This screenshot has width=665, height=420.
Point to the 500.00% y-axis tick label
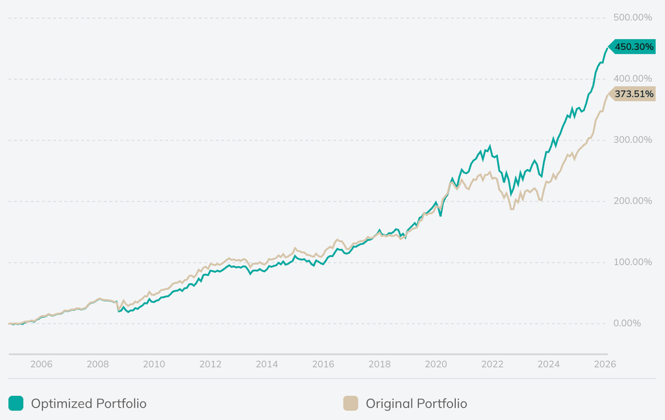pos(633,18)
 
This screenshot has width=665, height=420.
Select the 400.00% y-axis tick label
pos(633,79)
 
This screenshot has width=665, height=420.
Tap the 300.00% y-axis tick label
pos(633,140)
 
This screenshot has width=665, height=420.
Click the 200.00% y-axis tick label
pos(633,201)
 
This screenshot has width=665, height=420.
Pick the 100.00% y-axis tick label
pos(633,262)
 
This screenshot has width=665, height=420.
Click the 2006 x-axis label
pos(41,364)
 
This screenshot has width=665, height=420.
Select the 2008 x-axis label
pos(97,364)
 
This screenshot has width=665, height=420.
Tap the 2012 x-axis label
pos(210,364)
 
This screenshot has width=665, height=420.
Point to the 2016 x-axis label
pos(323,364)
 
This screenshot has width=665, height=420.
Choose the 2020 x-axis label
pos(436,364)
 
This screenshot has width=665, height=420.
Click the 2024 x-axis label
pos(549,364)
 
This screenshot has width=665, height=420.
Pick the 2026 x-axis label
pos(605,364)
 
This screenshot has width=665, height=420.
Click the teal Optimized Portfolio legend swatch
pos(16,403)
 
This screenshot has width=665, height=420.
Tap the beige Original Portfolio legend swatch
pos(351,403)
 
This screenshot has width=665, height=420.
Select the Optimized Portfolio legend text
pos(89,403)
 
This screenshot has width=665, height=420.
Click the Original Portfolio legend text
pos(416,403)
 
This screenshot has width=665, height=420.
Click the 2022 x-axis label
pos(492,364)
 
